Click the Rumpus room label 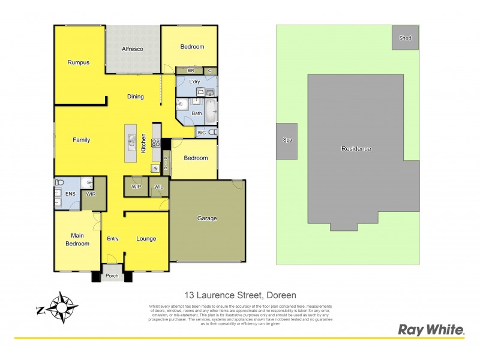click(x=78, y=62)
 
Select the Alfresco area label click(x=132, y=49)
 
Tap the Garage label click(x=207, y=218)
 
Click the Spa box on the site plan click(x=286, y=141)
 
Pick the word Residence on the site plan click(x=356, y=149)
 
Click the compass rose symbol click(x=60, y=307)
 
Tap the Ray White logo click(x=431, y=329)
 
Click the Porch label click(x=112, y=277)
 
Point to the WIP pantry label click(x=136, y=188)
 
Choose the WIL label click(x=158, y=188)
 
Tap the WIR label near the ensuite click(x=91, y=194)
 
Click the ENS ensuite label click(x=70, y=194)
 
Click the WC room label click(x=202, y=133)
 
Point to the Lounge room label click(x=146, y=239)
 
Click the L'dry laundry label click(x=194, y=82)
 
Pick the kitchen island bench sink click(x=131, y=142)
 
